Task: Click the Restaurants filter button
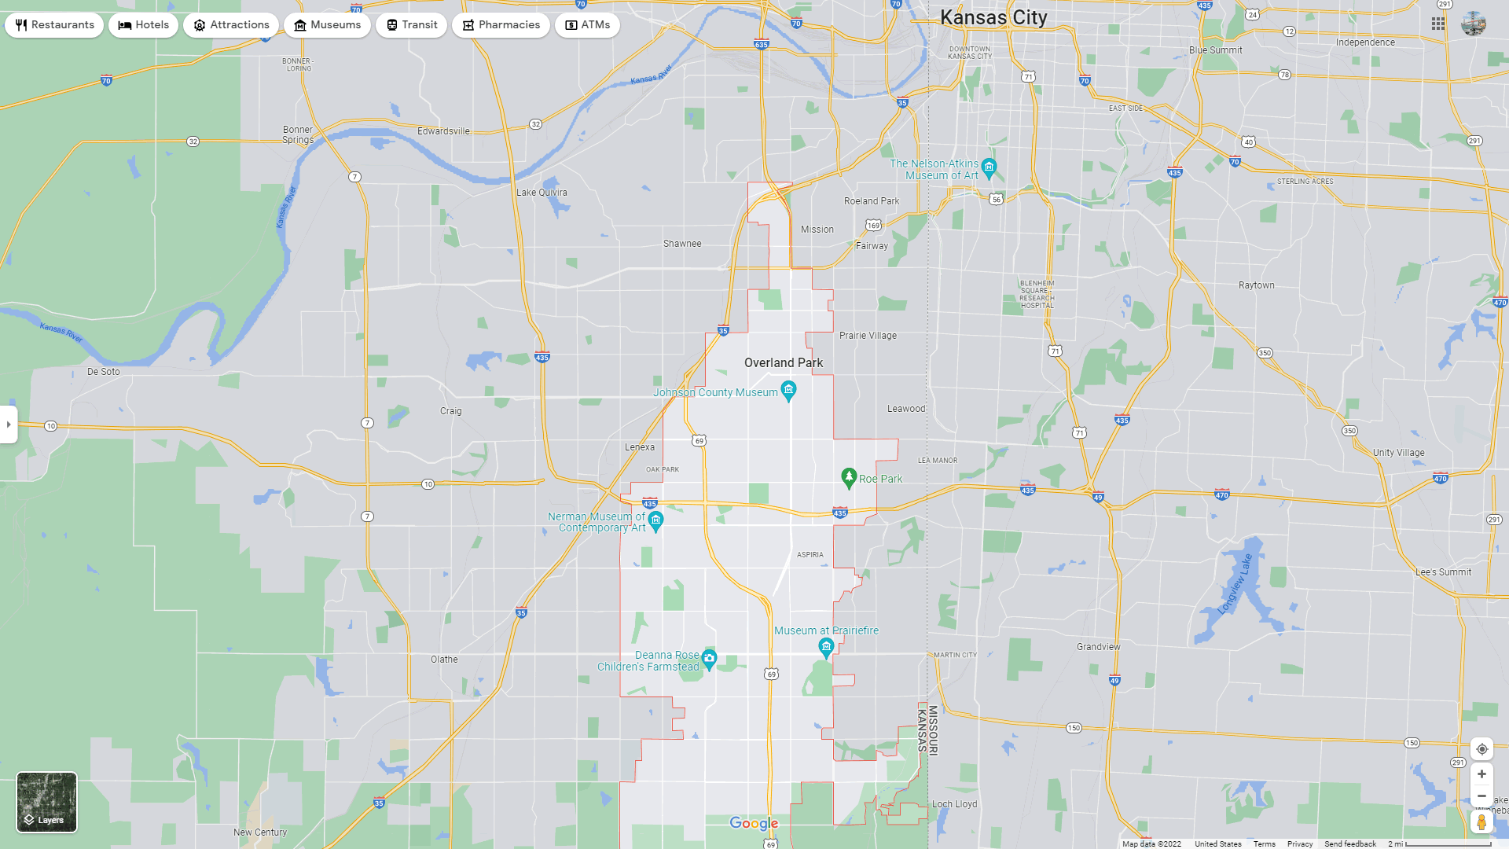click(54, 25)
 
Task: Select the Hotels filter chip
click(144, 25)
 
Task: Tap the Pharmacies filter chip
click(501, 25)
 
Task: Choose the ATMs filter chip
click(587, 25)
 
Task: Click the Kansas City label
click(993, 17)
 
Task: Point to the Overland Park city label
click(784, 363)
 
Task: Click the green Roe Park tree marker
click(849, 477)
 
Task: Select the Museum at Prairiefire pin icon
click(826, 647)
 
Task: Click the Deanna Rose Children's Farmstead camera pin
click(709, 659)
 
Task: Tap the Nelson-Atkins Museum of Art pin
click(989, 167)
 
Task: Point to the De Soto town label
click(104, 372)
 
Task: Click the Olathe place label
click(444, 660)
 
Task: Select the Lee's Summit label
click(1443, 572)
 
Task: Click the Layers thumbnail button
click(47, 802)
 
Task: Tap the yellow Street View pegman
click(1481, 822)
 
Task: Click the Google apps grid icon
click(1438, 24)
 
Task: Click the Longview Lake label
click(1235, 584)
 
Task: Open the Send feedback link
click(1349, 844)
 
